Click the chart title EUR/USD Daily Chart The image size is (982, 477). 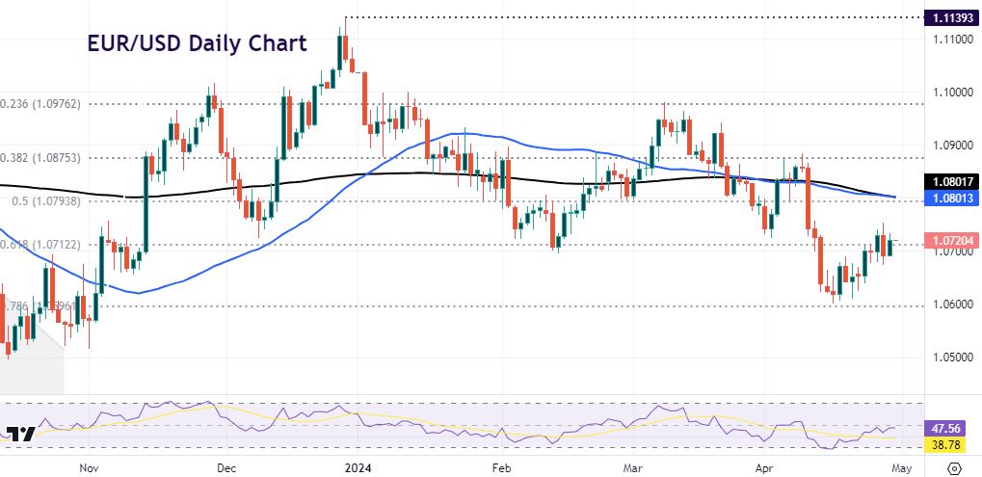pos(197,43)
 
